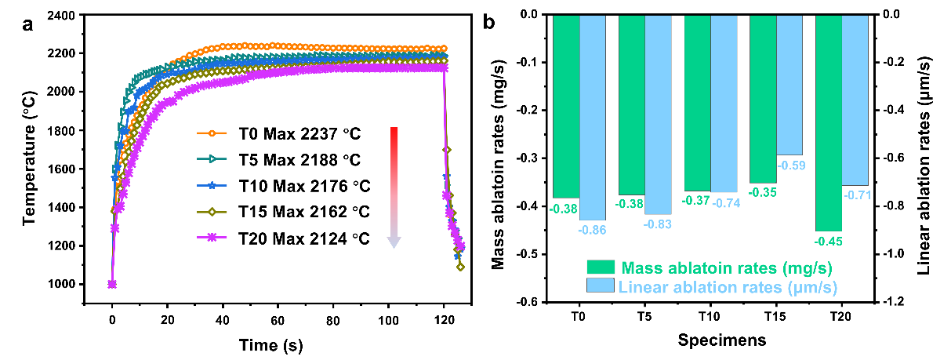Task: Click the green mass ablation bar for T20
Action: pos(829,122)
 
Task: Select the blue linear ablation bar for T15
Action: pos(789,85)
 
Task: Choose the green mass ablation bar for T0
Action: pos(566,106)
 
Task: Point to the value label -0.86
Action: pos(592,229)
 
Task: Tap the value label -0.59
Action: pos(789,165)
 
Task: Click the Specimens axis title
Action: pos(711,340)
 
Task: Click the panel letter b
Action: pos(488,22)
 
